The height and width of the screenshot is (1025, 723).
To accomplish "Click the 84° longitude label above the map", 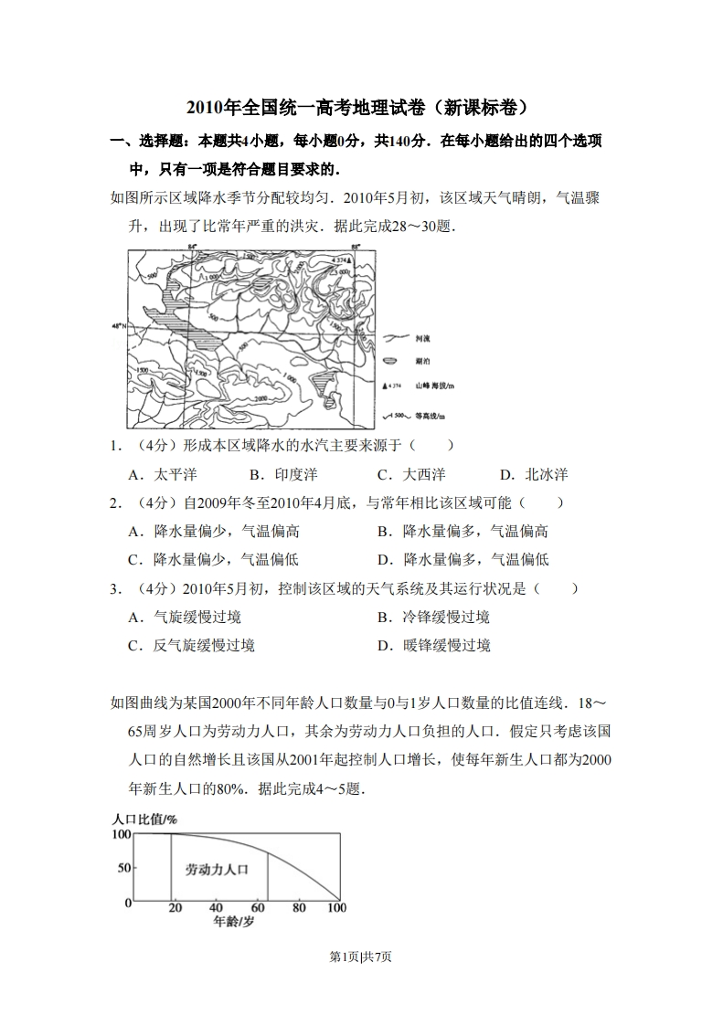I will [192, 247].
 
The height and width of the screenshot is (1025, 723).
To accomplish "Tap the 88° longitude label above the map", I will [356, 247].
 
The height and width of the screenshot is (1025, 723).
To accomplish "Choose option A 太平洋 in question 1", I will [164, 474].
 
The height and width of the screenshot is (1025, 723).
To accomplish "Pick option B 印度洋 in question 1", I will [283, 474].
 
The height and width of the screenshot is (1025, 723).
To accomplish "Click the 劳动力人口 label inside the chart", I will [217, 869].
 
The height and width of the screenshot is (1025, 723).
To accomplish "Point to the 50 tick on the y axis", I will [124, 868].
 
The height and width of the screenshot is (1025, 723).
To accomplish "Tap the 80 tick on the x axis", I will [298, 908].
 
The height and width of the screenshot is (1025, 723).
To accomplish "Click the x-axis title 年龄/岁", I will [234, 922].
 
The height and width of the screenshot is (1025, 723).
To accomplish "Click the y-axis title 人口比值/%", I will [144, 819].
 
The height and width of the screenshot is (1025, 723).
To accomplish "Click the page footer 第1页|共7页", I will [361, 956].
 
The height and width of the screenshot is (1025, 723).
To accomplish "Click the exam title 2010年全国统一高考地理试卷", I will [360, 107].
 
